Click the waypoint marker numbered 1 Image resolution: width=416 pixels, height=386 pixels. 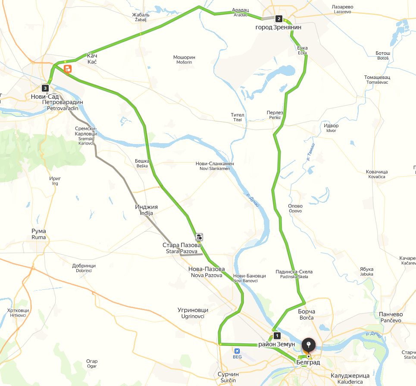point(277,336)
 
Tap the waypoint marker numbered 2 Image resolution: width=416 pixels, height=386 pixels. point(279,19)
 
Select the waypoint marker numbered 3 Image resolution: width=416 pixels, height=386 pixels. point(45,88)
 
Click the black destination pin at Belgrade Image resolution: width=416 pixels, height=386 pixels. point(309,345)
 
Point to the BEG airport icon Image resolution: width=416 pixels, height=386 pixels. point(237,351)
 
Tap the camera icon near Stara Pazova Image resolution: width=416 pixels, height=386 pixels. point(199,236)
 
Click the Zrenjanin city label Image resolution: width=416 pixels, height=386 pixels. point(278,27)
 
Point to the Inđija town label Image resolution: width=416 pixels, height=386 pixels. point(146,210)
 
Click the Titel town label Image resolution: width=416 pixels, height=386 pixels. point(238,117)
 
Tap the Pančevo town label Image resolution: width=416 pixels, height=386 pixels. point(391,317)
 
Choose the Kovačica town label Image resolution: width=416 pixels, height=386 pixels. point(377,174)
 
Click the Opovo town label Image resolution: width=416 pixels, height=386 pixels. point(295,208)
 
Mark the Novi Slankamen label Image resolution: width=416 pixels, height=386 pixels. point(215,166)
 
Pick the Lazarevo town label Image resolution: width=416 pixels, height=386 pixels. point(343,9)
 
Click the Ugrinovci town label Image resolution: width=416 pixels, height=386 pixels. point(193,313)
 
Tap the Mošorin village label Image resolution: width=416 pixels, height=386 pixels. point(184,60)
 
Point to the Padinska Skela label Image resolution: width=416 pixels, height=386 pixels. point(294,274)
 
